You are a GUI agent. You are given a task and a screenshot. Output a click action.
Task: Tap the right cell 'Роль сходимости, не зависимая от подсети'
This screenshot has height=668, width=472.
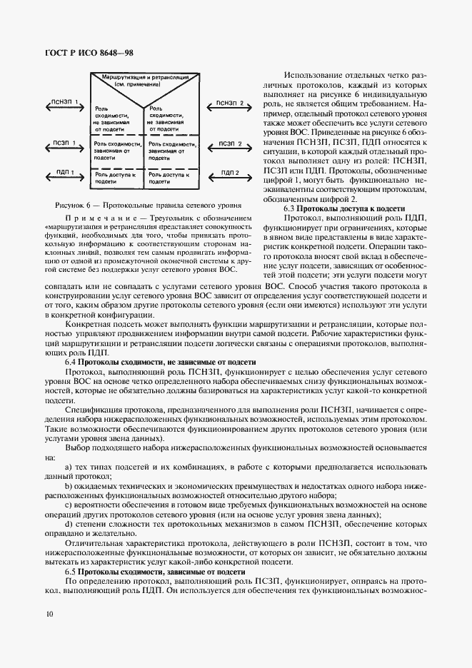[172, 117]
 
